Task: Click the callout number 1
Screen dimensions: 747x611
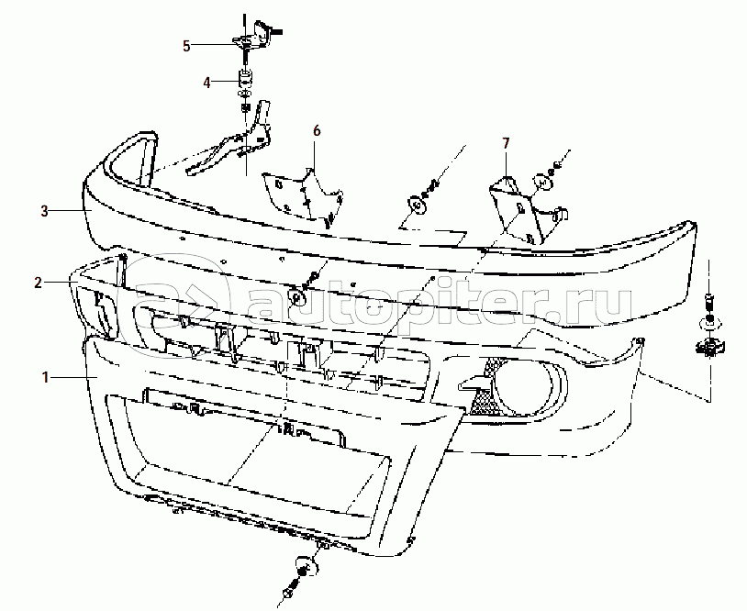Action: tap(45, 378)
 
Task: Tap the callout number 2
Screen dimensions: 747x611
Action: tap(39, 283)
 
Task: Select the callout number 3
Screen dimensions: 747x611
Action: tap(44, 211)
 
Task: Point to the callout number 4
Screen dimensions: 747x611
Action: tap(206, 83)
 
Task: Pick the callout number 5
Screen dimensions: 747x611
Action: tap(186, 46)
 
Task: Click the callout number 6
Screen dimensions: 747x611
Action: tap(317, 130)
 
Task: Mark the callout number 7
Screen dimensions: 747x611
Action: tap(506, 143)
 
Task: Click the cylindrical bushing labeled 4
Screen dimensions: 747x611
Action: tap(245, 78)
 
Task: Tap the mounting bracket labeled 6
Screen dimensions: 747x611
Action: tap(303, 196)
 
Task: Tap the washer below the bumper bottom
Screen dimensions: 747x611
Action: tap(307, 564)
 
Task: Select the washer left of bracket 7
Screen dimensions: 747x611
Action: tap(418, 206)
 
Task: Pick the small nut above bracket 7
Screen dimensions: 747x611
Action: tap(556, 167)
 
